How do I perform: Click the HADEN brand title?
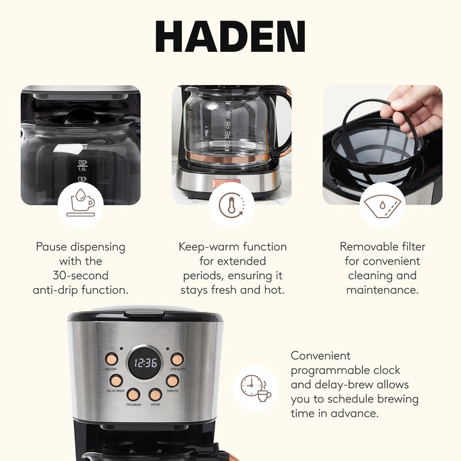coord(230,37)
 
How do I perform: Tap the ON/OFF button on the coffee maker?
coord(112,359)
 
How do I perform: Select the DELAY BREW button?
coord(116,380)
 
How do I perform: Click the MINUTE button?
coord(173,380)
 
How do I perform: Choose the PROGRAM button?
coord(133,394)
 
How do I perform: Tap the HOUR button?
coord(155,394)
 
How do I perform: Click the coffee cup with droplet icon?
coord(80,204)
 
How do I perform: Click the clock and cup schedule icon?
coord(255,388)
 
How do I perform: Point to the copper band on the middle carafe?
coord(230,156)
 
